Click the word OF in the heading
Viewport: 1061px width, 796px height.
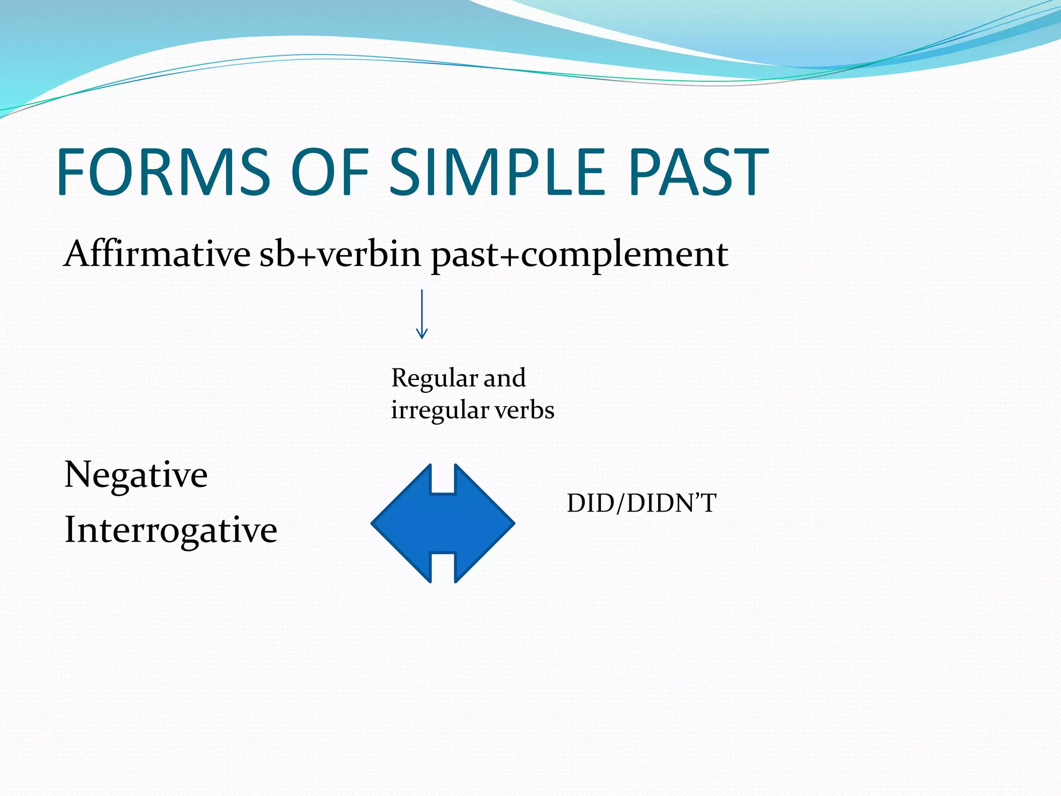click(329, 172)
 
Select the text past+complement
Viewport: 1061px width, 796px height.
click(579, 255)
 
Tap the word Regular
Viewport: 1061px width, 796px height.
click(434, 378)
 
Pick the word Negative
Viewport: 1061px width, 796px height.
click(136, 475)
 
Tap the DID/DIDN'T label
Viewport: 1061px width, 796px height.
click(641, 503)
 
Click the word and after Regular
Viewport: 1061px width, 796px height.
click(505, 378)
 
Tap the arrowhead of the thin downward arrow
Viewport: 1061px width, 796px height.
click(422, 334)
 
